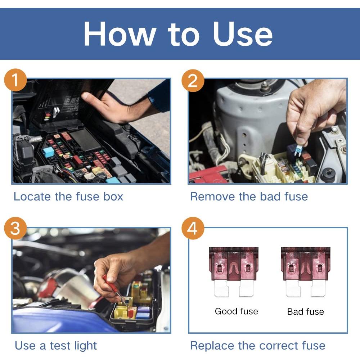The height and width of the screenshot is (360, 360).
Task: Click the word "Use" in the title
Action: [242, 35]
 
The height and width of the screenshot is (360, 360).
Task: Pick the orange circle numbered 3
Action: [15, 229]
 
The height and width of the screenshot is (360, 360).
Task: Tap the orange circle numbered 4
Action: [193, 229]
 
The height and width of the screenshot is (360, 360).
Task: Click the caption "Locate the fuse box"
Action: [68, 197]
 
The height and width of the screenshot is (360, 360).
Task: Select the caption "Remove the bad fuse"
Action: [249, 197]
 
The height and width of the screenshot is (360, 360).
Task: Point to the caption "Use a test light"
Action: [56, 346]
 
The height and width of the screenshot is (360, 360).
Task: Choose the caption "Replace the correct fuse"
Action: [258, 346]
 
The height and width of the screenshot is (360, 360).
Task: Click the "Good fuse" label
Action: [236, 311]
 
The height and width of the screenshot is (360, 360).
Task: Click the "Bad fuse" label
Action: [305, 312]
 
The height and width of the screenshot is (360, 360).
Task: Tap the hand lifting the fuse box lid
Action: [108, 104]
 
